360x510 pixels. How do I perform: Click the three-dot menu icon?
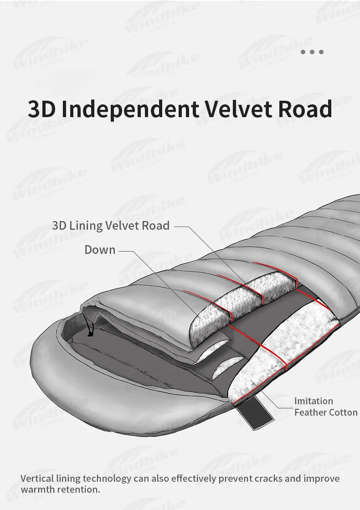tap(313, 52)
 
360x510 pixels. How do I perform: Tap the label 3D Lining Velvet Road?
tap(111, 225)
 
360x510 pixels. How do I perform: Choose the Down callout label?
tap(100, 250)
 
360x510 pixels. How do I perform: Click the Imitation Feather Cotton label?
tap(325, 407)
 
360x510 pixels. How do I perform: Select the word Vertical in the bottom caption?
tap(36, 479)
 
